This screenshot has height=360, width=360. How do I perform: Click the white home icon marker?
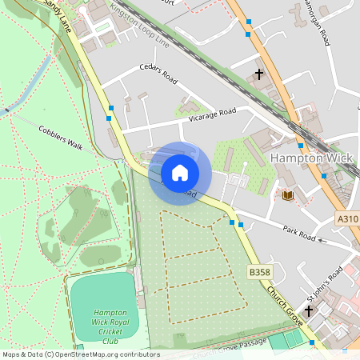[180, 172]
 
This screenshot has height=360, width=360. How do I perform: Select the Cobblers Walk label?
[61, 137]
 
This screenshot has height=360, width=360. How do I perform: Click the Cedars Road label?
[158, 74]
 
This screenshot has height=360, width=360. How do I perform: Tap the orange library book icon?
[288, 195]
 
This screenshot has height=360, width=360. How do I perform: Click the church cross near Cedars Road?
[258, 74]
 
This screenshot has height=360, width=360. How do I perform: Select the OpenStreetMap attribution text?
[80, 354]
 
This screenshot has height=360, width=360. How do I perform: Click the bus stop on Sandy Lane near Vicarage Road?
[110, 107]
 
